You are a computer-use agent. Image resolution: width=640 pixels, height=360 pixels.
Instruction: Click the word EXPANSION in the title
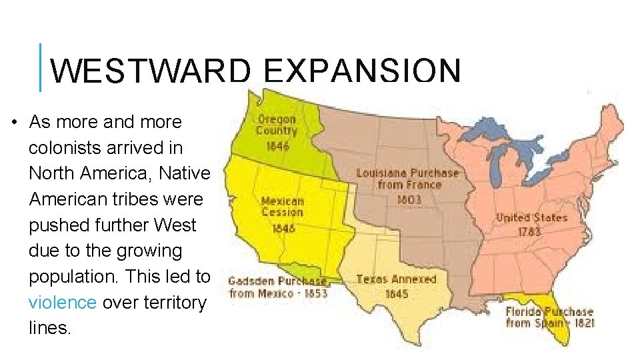(362, 71)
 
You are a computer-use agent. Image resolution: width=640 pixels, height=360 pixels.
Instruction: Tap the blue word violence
(63, 302)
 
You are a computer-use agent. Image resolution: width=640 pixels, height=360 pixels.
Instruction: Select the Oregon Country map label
(277, 125)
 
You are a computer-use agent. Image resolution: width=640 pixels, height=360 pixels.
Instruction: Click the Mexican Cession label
(282, 206)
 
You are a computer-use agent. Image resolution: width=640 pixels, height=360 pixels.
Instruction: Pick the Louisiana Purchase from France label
(408, 178)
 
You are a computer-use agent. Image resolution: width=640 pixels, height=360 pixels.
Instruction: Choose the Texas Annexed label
(396, 279)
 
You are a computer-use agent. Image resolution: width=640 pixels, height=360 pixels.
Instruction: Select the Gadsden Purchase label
(277, 281)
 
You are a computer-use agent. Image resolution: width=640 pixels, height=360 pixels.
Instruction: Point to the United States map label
(531, 217)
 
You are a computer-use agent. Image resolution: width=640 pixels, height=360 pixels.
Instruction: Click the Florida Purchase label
(549, 311)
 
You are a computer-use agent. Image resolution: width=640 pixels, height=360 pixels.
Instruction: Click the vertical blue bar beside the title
(41, 67)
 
